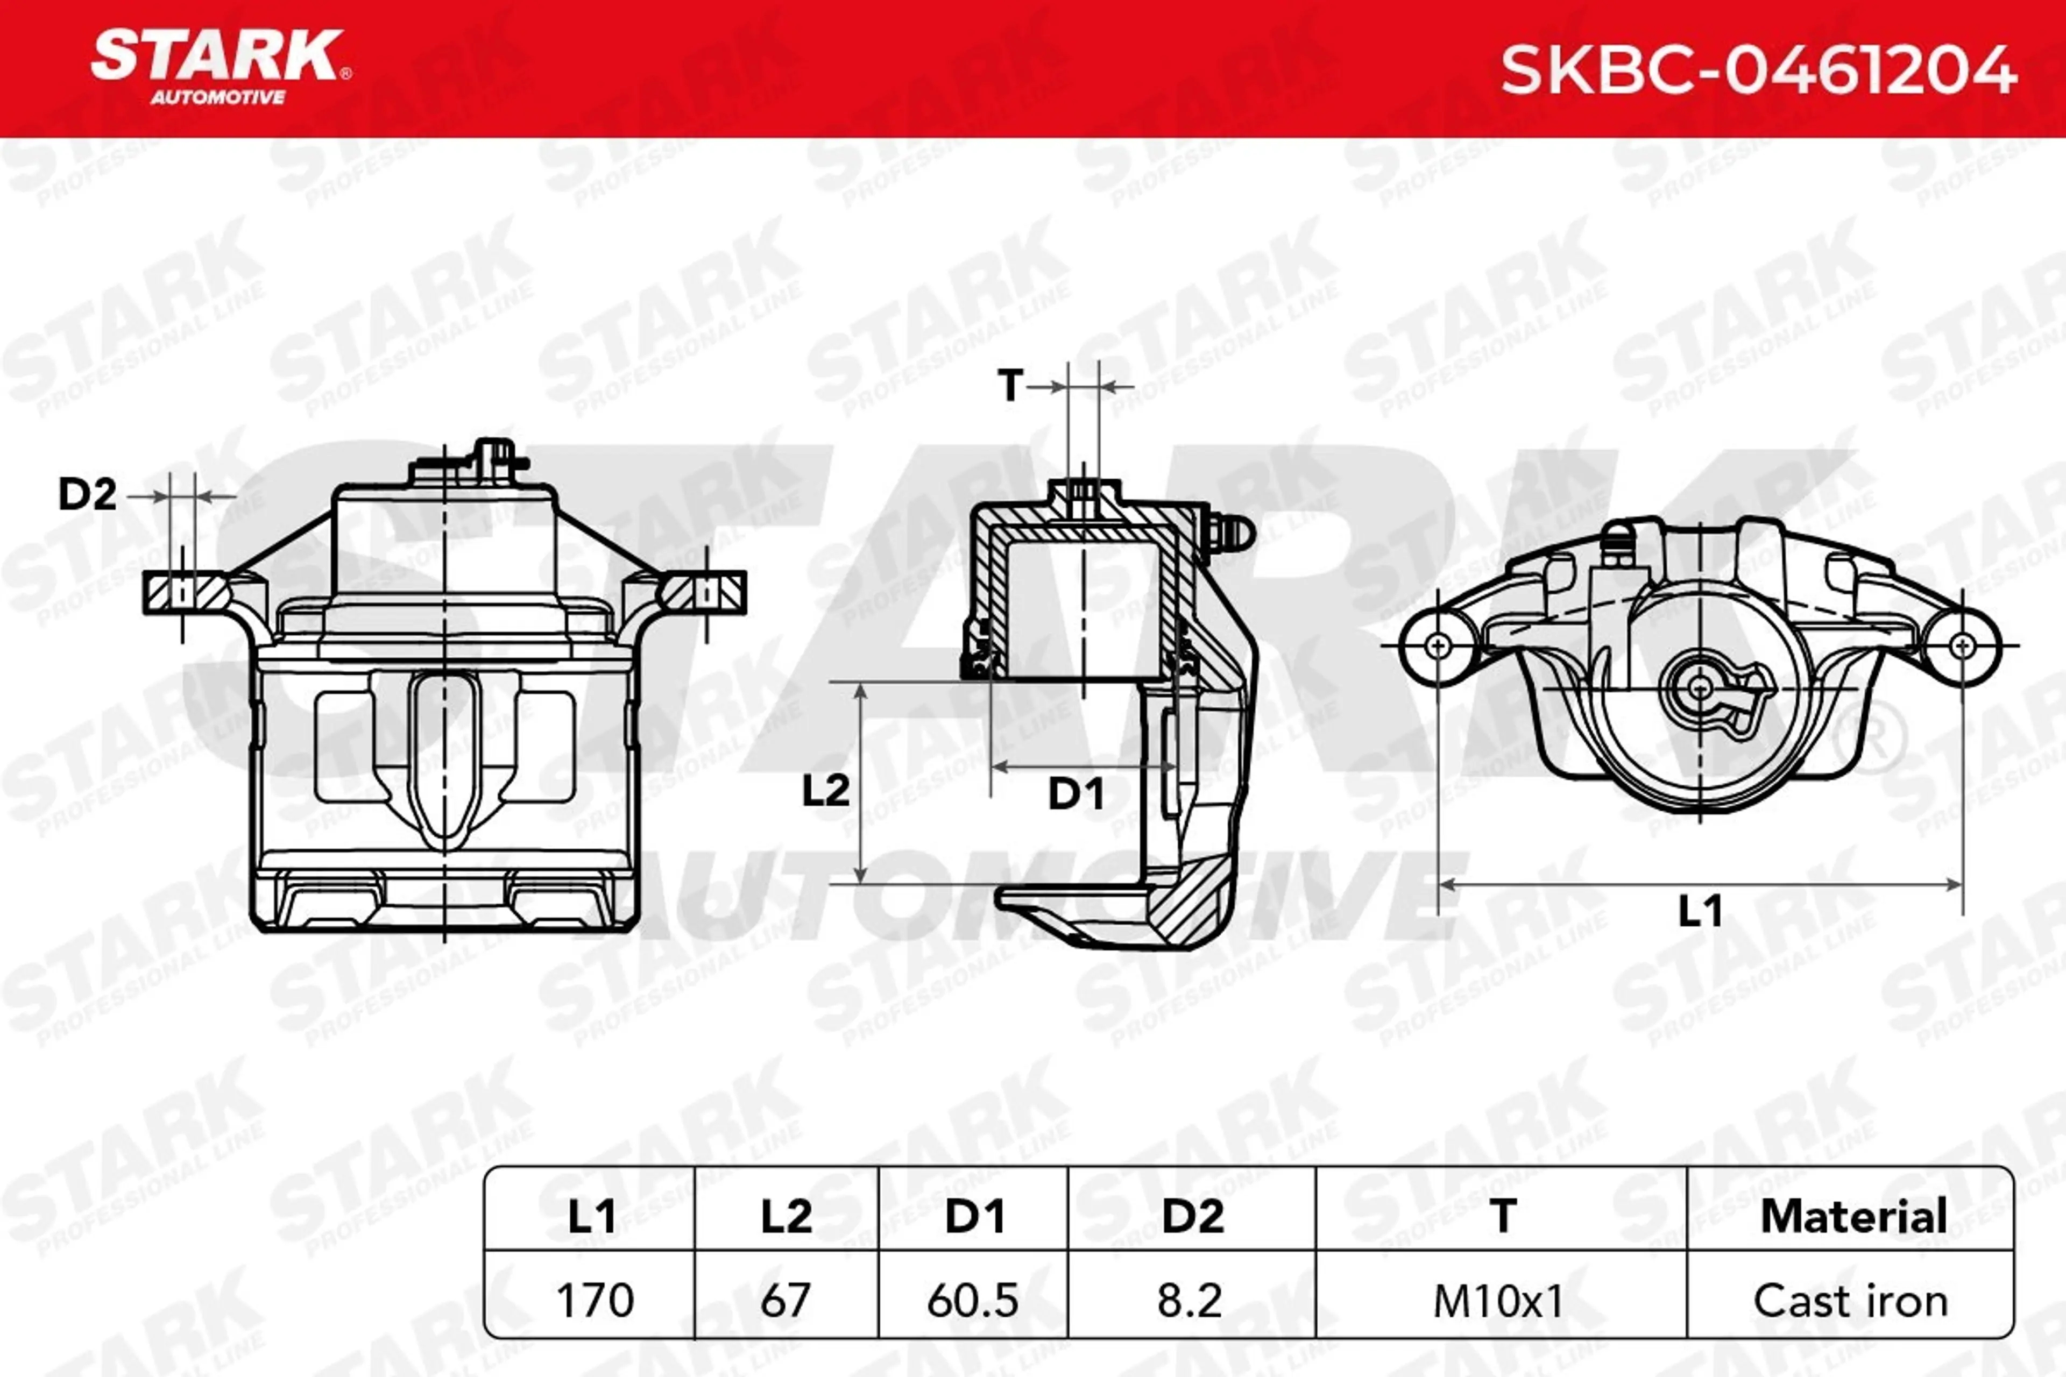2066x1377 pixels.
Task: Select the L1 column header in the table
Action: point(592,1216)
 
